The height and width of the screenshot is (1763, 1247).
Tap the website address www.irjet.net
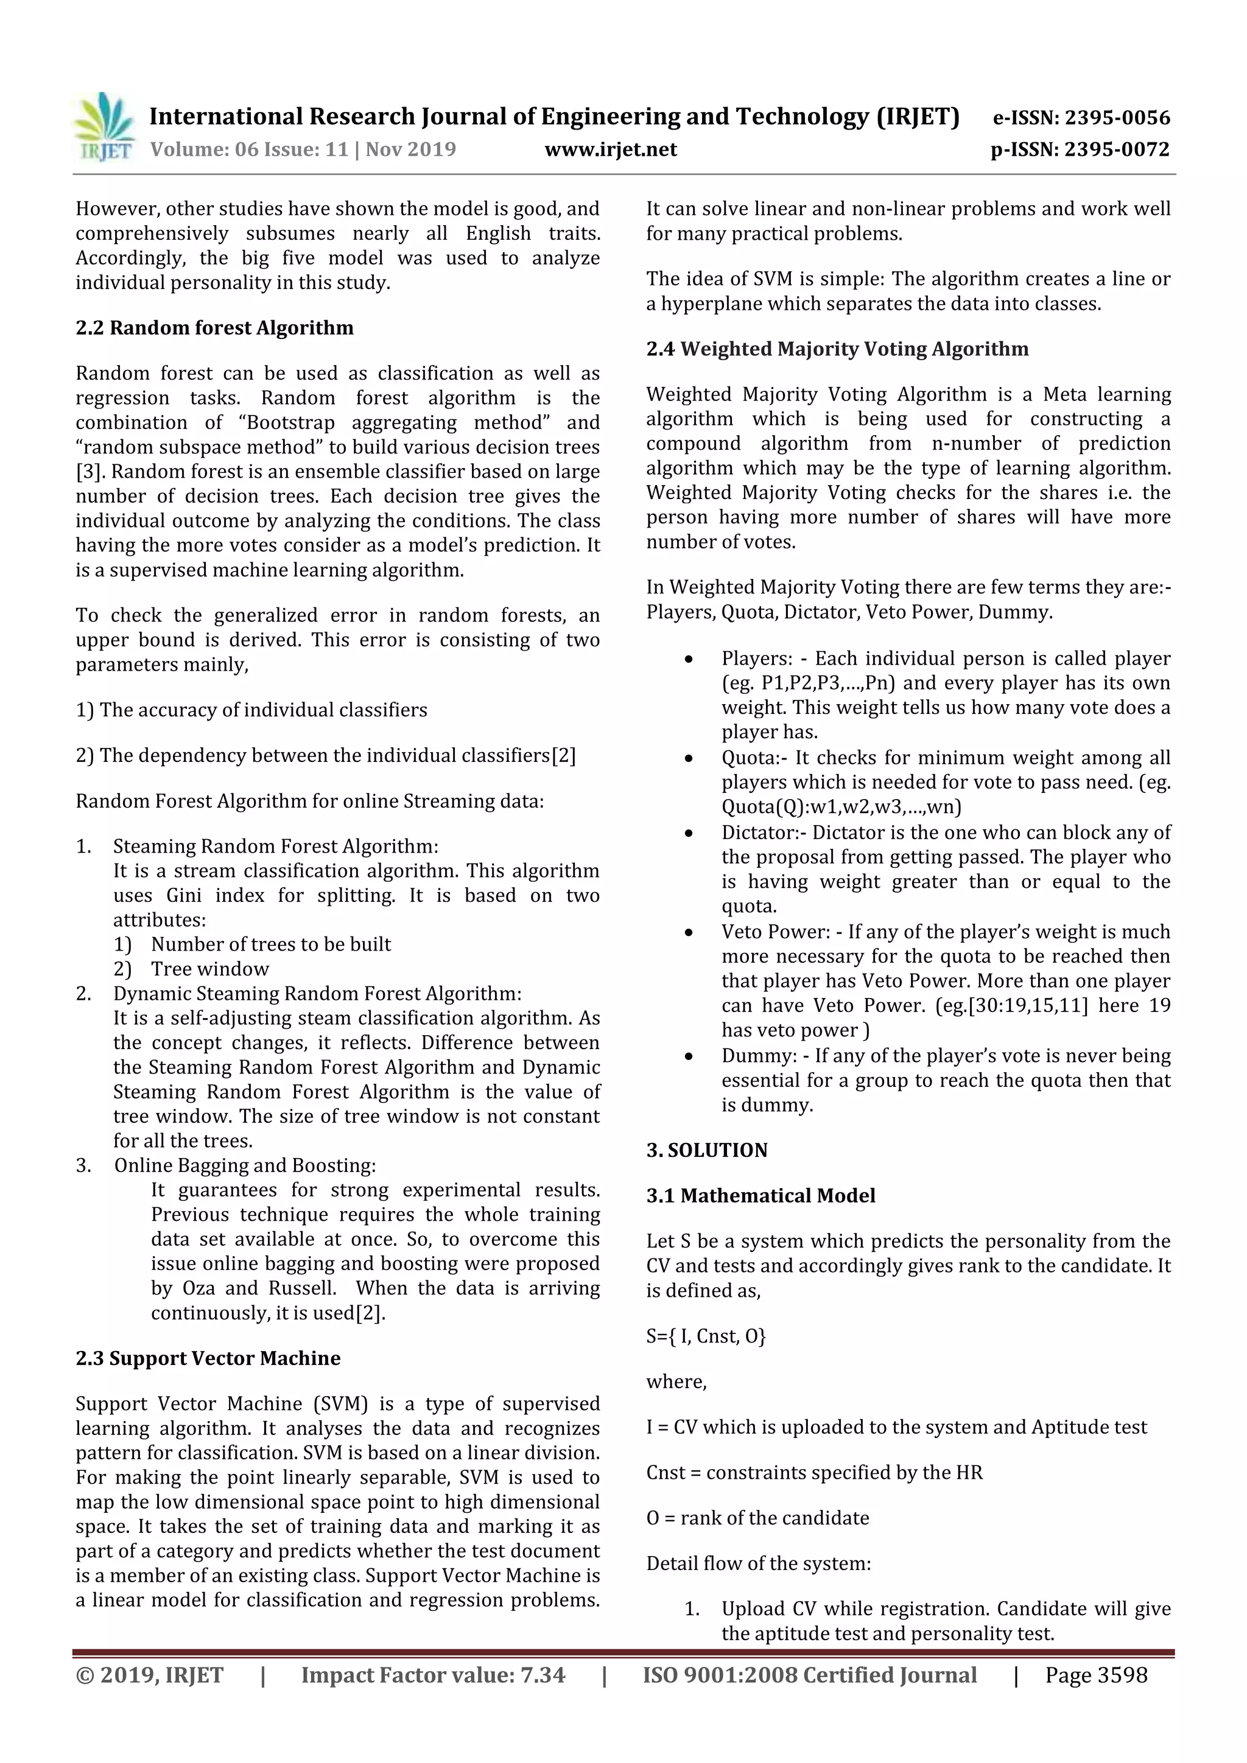610,149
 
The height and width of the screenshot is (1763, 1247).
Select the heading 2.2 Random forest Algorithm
214,328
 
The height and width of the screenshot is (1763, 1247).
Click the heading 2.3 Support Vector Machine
208,1358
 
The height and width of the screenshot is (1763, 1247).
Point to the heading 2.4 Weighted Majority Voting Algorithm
837,349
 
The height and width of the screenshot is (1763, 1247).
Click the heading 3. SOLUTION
706,1150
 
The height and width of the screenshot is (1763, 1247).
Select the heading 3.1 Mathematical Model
760,1196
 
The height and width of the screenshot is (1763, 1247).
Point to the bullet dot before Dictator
689,833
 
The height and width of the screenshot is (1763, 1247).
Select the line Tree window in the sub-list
209,969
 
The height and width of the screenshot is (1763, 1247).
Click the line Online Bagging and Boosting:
244,1165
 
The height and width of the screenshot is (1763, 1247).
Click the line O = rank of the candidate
757,1518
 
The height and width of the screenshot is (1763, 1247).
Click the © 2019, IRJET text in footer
149,1675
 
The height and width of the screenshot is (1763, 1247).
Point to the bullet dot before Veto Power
689,932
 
